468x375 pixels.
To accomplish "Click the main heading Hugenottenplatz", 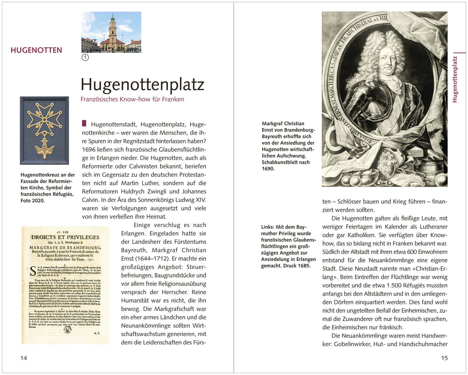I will [x=142, y=84].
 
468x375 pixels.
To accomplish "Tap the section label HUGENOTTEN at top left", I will [x=36, y=50].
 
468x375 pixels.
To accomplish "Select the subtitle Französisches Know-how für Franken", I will [x=132, y=99].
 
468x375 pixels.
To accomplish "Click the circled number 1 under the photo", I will [x=85, y=57].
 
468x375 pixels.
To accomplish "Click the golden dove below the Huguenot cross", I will [x=44, y=148].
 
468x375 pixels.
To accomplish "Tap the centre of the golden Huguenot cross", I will [x=44, y=118].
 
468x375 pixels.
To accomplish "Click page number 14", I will [x=24, y=358].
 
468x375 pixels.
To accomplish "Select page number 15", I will [x=444, y=358].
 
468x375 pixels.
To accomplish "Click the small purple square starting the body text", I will [x=84, y=124].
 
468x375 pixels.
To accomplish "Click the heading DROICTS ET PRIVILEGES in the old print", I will [x=65, y=237].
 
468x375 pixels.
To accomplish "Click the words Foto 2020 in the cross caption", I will [x=33, y=200].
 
